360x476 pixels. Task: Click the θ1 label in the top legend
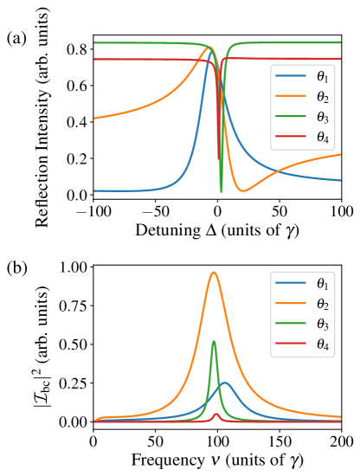click(322, 76)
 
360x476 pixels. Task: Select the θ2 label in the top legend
click(322, 97)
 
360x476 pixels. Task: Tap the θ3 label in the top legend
click(322, 117)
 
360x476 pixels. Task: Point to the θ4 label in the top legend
click(322, 138)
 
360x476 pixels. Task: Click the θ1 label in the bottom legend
click(322, 283)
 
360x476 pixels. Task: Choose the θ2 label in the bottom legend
click(322, 304)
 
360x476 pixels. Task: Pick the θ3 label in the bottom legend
click(322, 324)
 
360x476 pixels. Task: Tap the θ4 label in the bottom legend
click(322, 344)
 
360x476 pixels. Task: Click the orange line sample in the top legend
click(292, 97)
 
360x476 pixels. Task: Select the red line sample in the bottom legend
click(292, 344)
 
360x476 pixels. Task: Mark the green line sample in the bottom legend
click(292, 324)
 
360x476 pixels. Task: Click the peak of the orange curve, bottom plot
click(214, 273)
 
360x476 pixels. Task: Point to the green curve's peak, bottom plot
click(214, 341)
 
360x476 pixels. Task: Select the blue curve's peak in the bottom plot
click(225, 383)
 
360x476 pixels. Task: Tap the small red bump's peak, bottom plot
click(216, 414)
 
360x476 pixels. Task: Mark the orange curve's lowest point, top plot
click(242, 190)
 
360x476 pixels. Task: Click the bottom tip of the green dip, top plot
click(221, 190)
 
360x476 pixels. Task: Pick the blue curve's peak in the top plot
click(210, 49)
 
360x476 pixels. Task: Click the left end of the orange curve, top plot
click(94, 118)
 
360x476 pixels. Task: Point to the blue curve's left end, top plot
click(94, 190)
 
